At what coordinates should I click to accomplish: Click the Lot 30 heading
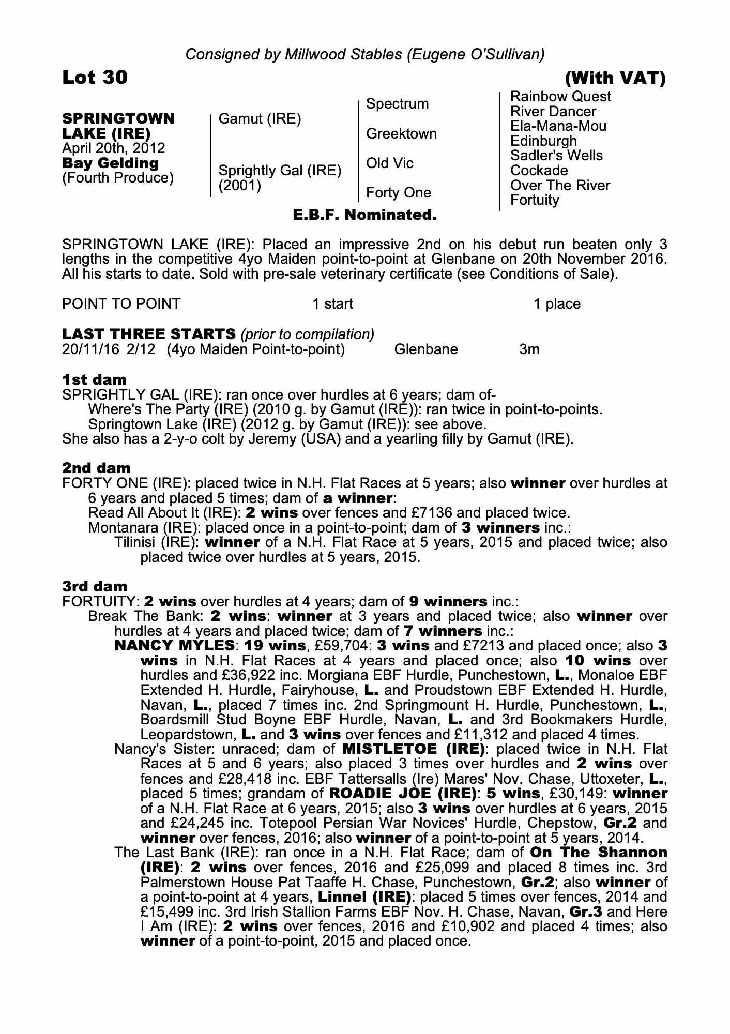click(x=95, y=78)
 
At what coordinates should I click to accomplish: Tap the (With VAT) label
click(x=615, y=78)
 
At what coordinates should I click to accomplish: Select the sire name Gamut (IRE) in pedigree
click(x=260, y=119)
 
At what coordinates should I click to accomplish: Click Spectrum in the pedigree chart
click(x=397, y=104)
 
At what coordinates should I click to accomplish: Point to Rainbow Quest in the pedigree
click(x=560, y=97)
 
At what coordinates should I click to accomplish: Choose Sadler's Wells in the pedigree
click(x=556, y=156)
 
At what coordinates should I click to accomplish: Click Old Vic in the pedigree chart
click(x=389, y=163)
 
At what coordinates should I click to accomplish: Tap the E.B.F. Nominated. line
click(x=364, y=215)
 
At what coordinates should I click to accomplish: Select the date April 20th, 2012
click(x=113, y=148)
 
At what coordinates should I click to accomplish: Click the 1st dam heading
click(x=94, y=379)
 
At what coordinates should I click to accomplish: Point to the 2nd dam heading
click(x=96, y=468)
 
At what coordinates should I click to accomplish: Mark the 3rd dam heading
click(x=95, y=586)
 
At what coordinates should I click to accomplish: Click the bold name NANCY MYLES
click(x=175, y=646)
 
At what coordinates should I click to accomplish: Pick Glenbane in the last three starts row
click(x=425, y=349)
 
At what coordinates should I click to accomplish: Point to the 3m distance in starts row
click(x=529, y=349)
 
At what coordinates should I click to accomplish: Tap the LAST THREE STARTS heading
click(x=148, y=334)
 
